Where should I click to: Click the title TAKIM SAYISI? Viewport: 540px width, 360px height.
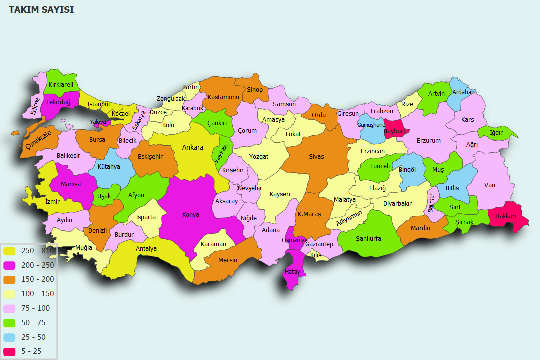tap(41, 10)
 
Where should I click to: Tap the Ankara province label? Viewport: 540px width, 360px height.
tap(192, 147)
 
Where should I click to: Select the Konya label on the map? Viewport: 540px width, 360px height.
tap(191, 215)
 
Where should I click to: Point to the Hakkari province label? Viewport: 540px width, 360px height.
tap(505, 216)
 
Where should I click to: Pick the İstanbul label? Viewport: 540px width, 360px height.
tap(98, 104)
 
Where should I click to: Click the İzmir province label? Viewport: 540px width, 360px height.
tap(52, 201)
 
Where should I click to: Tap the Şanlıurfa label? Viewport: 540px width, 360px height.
tap(368, 239)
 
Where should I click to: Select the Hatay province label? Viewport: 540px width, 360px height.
tap(292, 272)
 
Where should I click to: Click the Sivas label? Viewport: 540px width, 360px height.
tap(316, 157)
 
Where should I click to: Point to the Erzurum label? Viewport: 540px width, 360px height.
tap(428, 141)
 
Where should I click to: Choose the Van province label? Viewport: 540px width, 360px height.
tap(490, 185)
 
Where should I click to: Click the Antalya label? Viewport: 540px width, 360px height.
tap(146, 249)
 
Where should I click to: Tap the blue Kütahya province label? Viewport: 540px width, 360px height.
tap(109, 167)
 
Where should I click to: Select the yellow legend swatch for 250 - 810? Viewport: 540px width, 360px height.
tap(9, 251)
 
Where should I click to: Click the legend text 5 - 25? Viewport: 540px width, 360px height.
tap(31, 352)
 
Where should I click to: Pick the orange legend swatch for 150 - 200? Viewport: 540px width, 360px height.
tap(9, 280)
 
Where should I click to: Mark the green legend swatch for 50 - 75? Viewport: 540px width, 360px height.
tap(9, 323)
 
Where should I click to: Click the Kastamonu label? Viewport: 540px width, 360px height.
tap(224, 97)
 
